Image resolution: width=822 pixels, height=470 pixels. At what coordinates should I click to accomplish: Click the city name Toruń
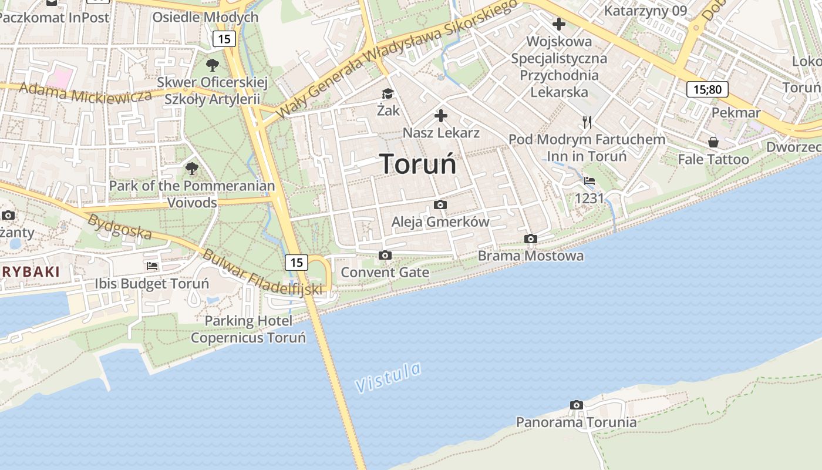(417, 163)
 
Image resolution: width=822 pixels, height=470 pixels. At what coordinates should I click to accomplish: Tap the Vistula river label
(388, 377)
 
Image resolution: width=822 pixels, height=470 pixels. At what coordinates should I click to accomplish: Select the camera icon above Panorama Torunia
(577, 405)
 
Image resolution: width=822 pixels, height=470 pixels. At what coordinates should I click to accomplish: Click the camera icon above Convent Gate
(385, 255)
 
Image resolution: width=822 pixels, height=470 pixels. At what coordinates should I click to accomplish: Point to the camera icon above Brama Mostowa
(531, 239)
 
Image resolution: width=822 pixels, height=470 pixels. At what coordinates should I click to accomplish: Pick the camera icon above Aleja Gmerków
(440, 204)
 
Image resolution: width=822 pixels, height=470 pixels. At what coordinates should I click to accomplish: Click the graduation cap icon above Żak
(388, 93)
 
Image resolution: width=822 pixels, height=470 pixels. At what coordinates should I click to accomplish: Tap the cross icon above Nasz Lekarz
(441, 116)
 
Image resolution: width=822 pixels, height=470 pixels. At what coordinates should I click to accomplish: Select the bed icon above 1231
(589, 181)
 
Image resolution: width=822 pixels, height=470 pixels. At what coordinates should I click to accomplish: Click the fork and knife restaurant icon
(587, 122)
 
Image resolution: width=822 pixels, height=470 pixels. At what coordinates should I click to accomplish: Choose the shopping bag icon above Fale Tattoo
(713, 142)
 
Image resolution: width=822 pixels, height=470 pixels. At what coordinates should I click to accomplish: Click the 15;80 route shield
(707, 89)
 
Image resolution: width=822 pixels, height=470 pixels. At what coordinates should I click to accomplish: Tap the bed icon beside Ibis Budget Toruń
(152, 266)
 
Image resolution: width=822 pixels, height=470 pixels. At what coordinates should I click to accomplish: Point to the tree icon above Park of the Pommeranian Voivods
(192, 169)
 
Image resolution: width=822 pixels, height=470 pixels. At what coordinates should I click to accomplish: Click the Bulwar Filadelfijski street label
(262, 272)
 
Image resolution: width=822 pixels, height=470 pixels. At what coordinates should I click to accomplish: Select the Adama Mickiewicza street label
(85, 93)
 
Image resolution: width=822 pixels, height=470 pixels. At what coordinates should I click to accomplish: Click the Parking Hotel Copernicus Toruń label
(248, 330)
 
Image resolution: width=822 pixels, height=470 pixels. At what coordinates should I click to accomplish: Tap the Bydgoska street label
(119, 227)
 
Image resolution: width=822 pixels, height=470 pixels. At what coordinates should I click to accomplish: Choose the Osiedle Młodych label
(205, 17)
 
